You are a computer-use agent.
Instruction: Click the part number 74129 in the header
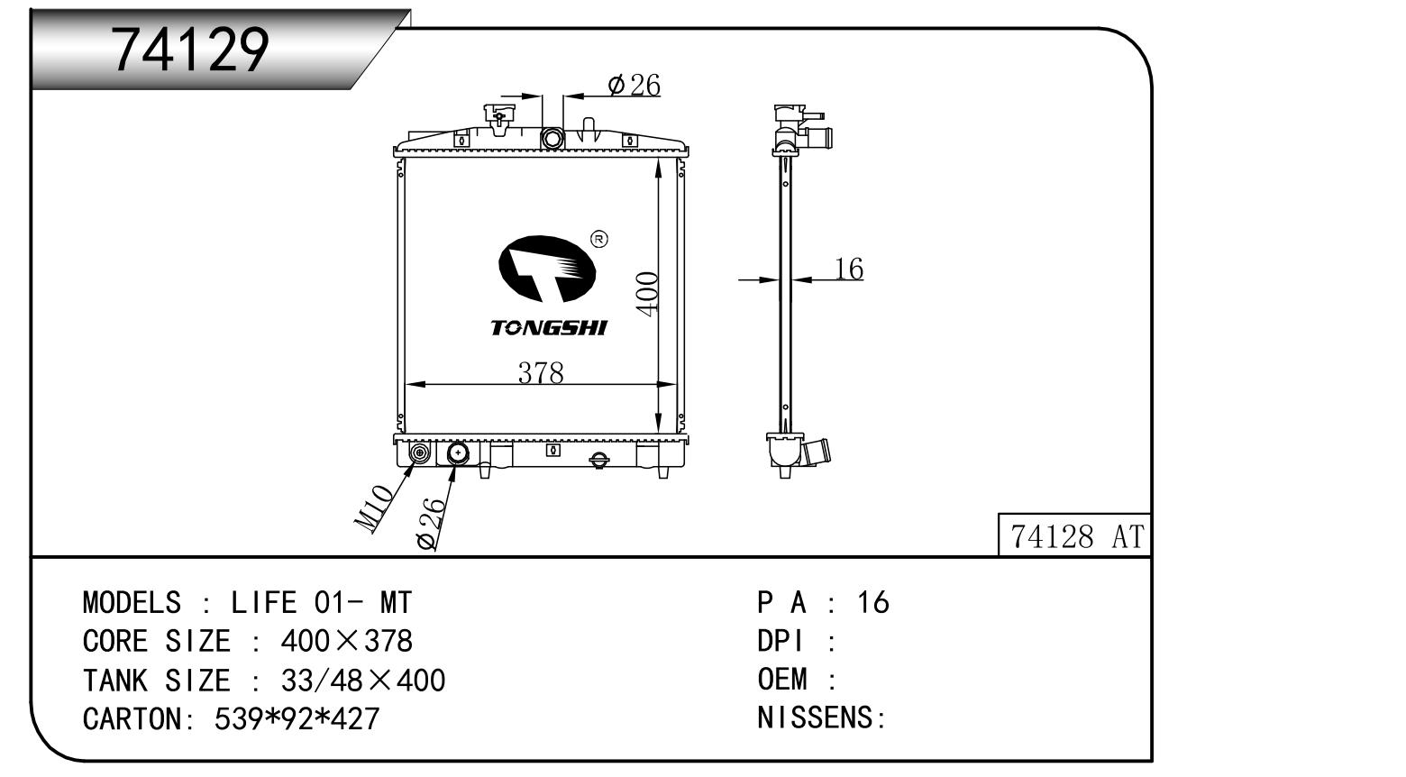click(189, 50)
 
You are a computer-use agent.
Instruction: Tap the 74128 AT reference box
click(1074, 535)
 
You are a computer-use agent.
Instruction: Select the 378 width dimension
click(541, 373)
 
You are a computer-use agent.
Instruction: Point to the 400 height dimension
click(647, 293)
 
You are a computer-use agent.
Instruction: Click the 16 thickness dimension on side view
click(849, 269)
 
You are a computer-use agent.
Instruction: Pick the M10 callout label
click(374, 508)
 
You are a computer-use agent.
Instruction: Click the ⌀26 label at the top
click(634, 85)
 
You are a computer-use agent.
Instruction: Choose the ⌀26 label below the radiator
click(431, 524)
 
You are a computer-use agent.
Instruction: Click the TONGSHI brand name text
click(549, 327)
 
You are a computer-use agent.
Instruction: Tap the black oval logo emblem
click(547, 269)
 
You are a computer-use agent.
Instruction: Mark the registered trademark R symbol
click(599, 239)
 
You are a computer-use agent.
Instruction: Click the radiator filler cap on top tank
click(498, 119)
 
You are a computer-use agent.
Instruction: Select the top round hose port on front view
click(552, 138)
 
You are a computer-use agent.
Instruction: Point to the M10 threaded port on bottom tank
click(419, 452)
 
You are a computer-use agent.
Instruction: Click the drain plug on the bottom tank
click(599, 460)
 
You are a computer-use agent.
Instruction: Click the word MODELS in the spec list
click(132, 602)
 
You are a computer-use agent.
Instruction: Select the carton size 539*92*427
click(297, 718)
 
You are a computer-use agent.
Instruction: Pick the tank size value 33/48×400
click(363, 681)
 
